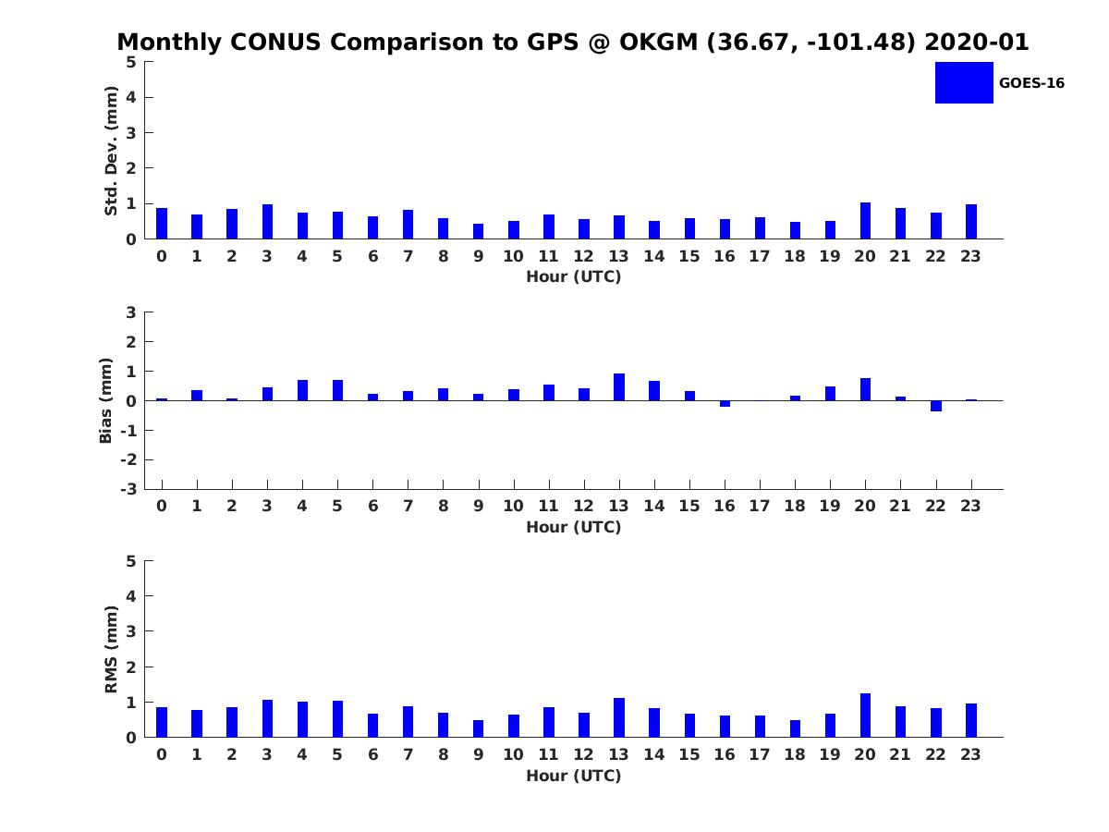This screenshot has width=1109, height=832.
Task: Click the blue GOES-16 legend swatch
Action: tap(964, 83)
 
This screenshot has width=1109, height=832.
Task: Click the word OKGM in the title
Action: tap(658, 43)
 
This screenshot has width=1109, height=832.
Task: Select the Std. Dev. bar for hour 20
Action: tap(865, 221)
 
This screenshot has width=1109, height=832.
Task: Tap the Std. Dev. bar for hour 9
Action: tap(478, 231)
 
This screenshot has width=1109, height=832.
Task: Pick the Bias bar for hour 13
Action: tap(619, 387)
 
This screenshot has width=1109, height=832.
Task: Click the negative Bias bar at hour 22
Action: tap(935, 406)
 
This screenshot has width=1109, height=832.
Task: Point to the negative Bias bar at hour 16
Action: tap(725, 404)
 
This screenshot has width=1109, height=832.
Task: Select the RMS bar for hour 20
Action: tap(865, 716)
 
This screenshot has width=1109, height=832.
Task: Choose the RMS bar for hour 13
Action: tap(619, 718)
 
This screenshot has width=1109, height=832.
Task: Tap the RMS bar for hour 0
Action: tap(162, 722)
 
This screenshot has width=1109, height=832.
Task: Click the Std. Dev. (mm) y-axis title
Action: tap(111, 151)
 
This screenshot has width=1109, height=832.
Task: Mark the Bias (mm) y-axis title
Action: tap(105, 400)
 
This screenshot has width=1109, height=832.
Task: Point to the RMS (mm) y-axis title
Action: tap(111, 649)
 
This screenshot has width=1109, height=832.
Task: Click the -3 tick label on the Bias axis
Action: tap(128, 489)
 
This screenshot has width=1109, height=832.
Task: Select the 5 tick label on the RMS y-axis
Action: tap(131, 561)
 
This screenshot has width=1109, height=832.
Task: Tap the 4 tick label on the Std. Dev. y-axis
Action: tap(131, 97)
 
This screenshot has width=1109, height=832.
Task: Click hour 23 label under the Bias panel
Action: tap(970, 506)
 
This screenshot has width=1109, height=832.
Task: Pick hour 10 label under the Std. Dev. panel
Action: tap(513, 257)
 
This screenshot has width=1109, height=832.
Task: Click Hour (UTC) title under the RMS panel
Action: tap(574, 776)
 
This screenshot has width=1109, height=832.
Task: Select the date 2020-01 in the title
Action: tap(977, 43)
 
